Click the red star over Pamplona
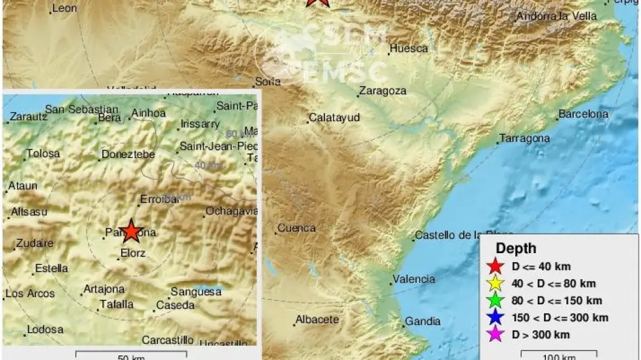click(x=131, y=231)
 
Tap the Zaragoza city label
click(x=383, y=91)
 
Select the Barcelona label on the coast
click(x=583, y=114)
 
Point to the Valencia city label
click(x=414, y=279)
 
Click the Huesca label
click(x=409, y=49)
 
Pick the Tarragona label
click(x=524, y=139)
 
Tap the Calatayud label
click(x=334, y=118)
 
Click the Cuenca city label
click(x=297, y=228)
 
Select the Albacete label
click(x=317, y=319)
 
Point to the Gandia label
click(x=423, y=321)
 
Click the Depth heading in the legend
click(x=516, y=249)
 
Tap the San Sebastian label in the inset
click(x=82, y=109)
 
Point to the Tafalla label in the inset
click(x=117, y=304)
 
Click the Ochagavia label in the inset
click(x=231, y=211)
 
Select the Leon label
click(x=63, y=8)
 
